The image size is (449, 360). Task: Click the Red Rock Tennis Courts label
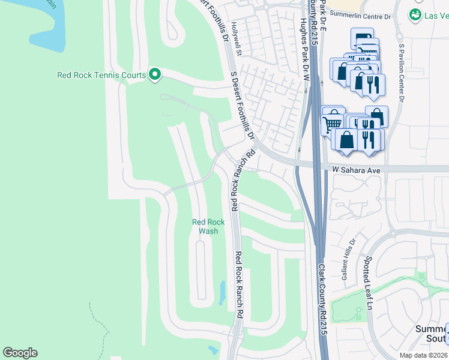(101, 75)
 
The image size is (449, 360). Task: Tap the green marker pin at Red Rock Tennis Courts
(155, 74)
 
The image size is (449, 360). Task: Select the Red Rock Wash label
(208, 226)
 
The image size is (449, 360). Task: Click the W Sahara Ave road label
(357, 170)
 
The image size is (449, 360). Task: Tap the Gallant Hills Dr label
(349, 257)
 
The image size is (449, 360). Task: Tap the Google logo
(20, 353)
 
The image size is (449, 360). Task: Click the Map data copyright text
(424, 355)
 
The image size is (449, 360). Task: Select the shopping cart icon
(331, 124)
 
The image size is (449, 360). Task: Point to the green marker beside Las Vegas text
(415, 14)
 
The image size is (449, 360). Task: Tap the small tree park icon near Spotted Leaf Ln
(358, 311)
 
